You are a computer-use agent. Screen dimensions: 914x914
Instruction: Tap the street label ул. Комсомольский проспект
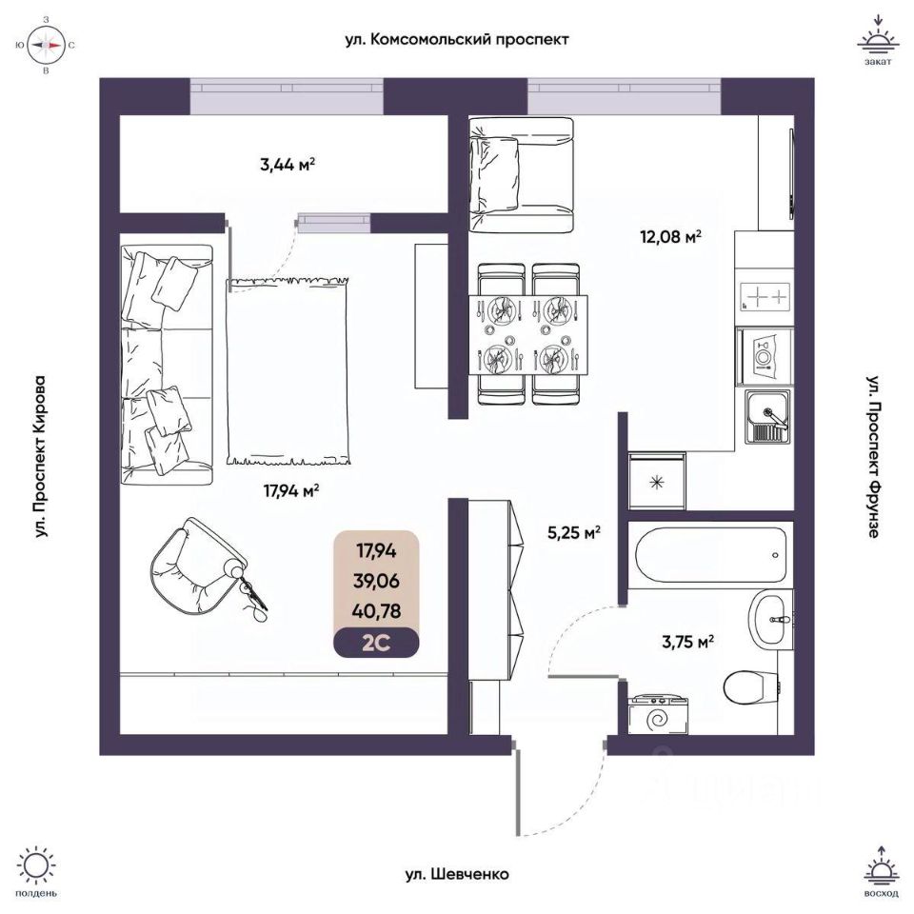point(457,40)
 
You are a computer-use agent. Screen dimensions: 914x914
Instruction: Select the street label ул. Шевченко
point(456,873)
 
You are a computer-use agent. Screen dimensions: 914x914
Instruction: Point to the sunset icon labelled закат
point(878,42)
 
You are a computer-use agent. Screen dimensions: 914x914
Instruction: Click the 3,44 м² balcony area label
point(287,164)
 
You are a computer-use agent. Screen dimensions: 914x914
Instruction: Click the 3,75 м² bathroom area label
point(685,642)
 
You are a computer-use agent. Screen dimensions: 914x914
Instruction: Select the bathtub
point(708,552)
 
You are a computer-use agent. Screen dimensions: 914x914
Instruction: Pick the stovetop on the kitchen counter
point(765,296)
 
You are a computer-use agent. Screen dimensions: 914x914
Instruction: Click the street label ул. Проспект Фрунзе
point(872,455)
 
